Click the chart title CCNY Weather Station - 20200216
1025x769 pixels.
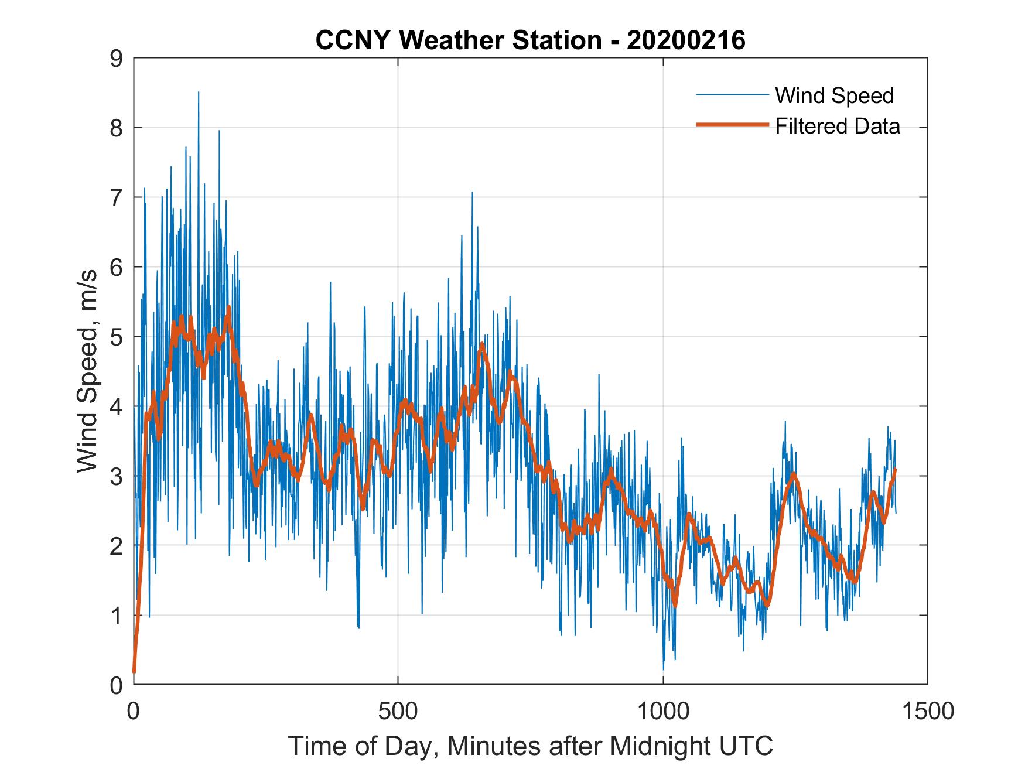click(530, 40)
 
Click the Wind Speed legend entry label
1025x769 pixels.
click(834, 95)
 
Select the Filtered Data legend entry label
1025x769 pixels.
click(837, 126)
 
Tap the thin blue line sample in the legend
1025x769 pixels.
click(732, 95)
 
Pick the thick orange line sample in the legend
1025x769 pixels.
click(732, 125)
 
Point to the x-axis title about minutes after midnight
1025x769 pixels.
click(530, 746)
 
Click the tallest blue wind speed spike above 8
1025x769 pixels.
click(199, 93)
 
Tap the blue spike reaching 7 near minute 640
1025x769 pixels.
click(472, 193)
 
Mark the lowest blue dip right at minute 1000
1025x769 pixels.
click(664, 668)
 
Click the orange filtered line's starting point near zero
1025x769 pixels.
click(134, 671)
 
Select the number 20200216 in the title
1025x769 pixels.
click(686, 40)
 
